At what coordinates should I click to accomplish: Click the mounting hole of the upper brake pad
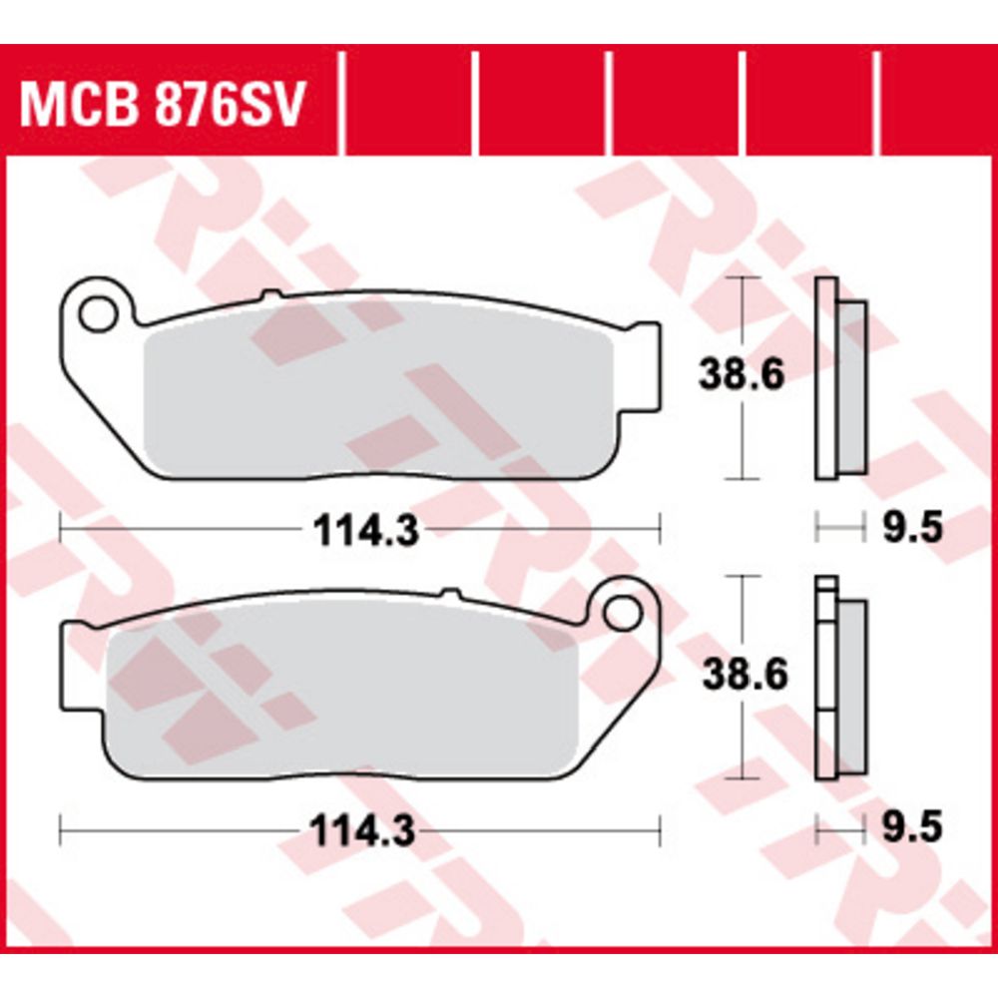(x=98, y=313)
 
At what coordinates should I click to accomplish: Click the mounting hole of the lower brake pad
(x=623, y=613)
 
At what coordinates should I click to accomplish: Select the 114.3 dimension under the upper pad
(x=366, y=531)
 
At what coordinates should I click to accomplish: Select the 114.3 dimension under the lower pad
(x=362, y=830)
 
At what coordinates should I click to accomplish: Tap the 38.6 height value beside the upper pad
(x=742, y=374)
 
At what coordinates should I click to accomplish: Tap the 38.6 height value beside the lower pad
(x=745, y=674)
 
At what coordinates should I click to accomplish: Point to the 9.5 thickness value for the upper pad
(x=912, y=528)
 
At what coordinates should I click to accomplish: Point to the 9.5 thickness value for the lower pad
(x=912, y=828)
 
